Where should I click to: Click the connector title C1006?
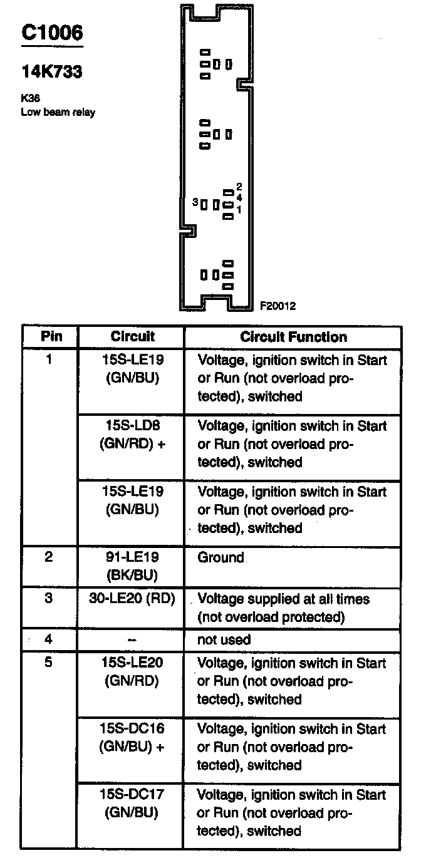click(x=52, y=33)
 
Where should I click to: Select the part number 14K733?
click(x=52, y=73)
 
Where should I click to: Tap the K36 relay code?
click(x=31, y=99)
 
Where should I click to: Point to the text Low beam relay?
click(x=58, y=113)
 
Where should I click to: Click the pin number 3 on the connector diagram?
click(x=195, y=202)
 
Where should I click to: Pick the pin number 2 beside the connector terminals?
click(x=239, y=187)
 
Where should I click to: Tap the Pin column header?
click(x=51, y=336)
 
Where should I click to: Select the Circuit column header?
click(x=132, y=336)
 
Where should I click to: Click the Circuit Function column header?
click(x=293, y=337)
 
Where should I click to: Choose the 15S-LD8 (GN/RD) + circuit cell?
click(x=132, y=435)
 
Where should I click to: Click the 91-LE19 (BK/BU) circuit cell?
click(x=132, y=566)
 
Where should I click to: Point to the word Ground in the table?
click(x=221, y=557)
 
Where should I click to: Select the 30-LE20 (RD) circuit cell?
click(x=132, y=599)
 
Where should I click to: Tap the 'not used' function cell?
click(x=224, y=640)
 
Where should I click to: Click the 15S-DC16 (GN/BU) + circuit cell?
click(x=132, y=738)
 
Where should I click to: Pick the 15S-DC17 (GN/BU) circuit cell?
click(x=132, y=804)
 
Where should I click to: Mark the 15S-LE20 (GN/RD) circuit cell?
click(x=132, y=671)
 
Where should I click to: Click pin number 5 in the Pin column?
click(x=49, y=663)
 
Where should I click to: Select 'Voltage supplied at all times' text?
click(x=284, y=599)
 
